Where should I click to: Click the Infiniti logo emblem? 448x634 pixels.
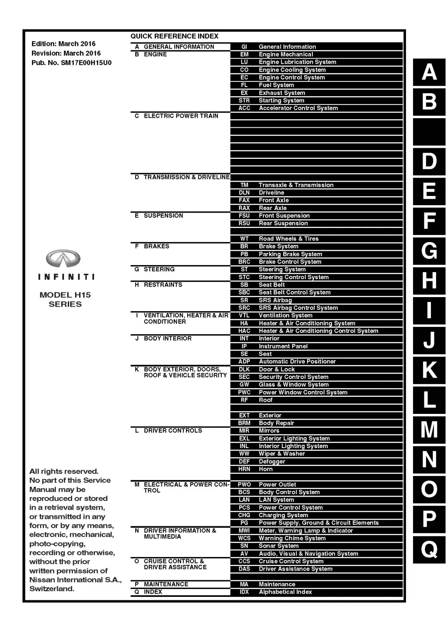[x=63, y=259]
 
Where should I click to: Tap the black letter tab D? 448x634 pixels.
[x=429, y=161]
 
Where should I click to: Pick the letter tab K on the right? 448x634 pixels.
[x=429, y=370]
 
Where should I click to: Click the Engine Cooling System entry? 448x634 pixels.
[x=292, y=70]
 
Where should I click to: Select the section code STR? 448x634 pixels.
[x=244, y=101]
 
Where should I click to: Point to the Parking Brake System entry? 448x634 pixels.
[x=290, y=254]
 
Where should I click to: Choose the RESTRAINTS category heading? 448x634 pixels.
[x=163, y=285]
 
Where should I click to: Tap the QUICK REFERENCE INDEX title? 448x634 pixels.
[x=174, y=36]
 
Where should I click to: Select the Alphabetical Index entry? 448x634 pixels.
[x=285, y=592]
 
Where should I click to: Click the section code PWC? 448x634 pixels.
[x=244, y=392]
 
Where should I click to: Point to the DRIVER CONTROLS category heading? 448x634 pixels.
[x=173, y=431]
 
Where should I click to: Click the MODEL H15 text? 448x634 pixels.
[x=65, y=295]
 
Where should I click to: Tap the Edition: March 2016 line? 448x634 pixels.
[x=63, y=44]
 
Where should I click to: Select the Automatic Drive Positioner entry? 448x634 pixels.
[x=297, y=362]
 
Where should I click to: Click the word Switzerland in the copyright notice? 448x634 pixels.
[x=52, y=589]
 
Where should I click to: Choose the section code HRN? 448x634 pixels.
[x=244, y=469]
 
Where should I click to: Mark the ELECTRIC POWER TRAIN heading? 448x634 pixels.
[x=181, y=116]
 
